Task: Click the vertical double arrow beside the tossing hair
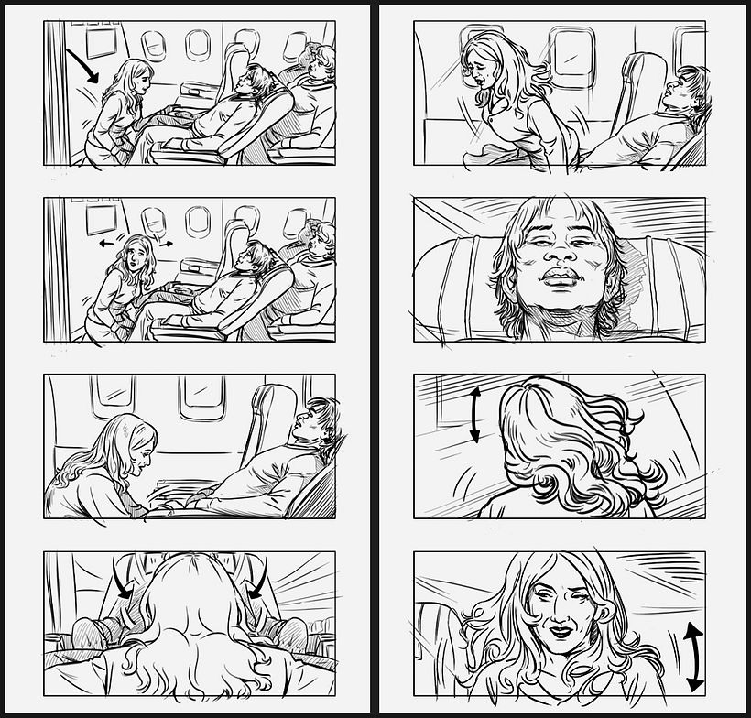[474, 414]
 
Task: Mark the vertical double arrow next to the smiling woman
[693, 656]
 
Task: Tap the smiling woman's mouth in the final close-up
[557, 633]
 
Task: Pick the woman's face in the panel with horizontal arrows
[137, 253]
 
